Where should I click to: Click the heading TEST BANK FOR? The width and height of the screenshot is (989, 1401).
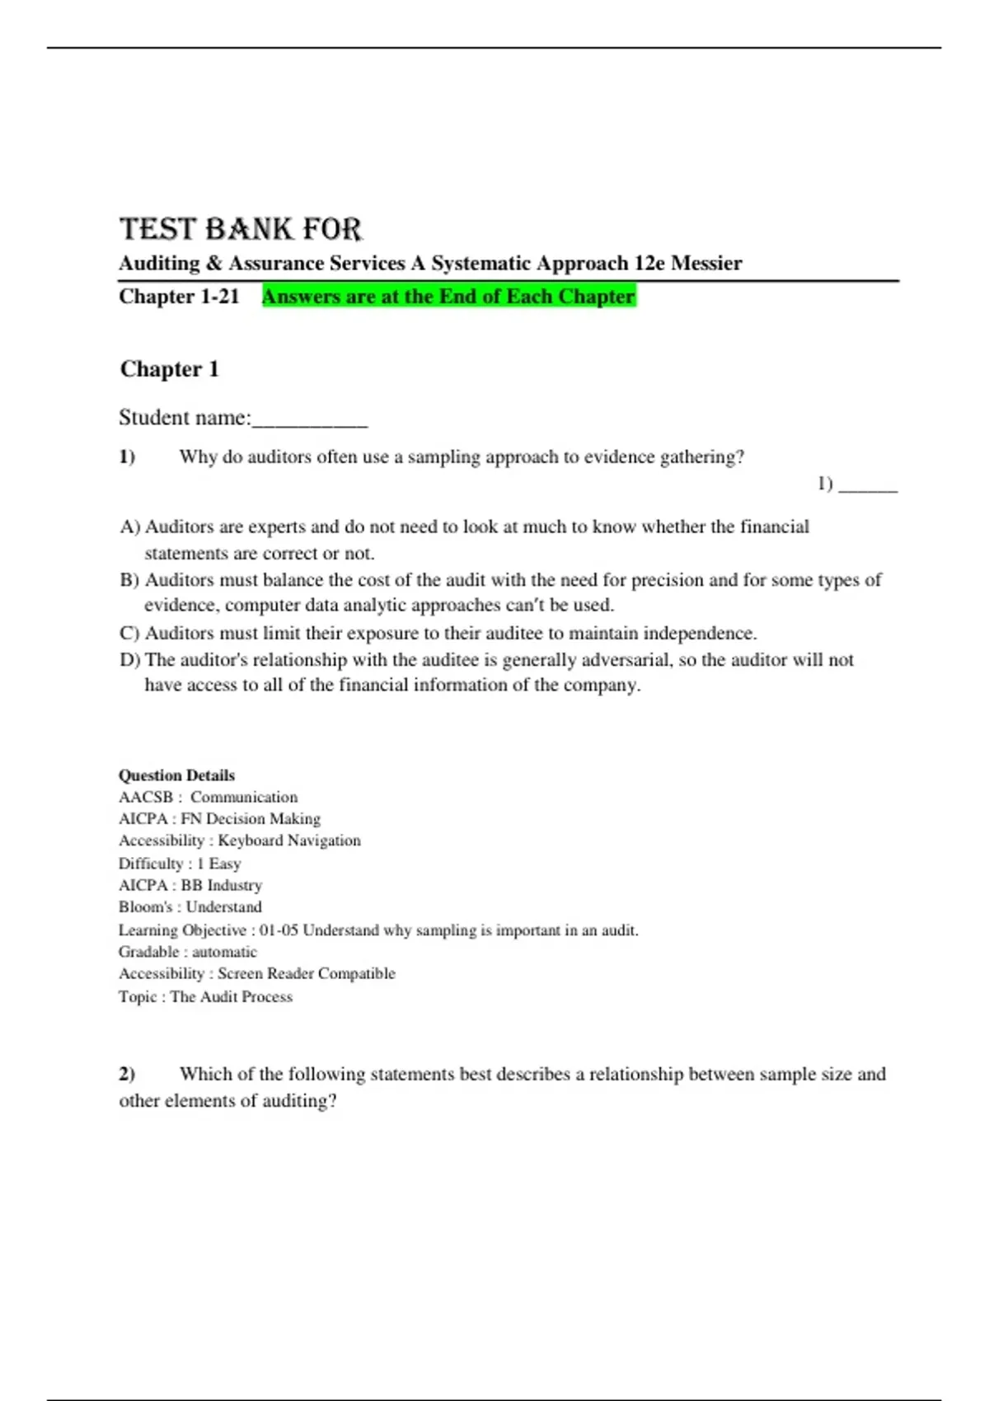click(241, 229)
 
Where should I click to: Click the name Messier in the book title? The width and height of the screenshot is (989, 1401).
click(706, 264)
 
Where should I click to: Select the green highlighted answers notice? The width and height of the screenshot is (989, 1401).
click(448, 297)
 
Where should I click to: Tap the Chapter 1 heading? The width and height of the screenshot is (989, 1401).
click(169, 369)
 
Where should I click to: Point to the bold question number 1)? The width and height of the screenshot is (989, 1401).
click(127, 457)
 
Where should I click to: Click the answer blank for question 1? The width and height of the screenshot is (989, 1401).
click(868, 485)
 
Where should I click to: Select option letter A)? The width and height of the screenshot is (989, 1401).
click(130, 527)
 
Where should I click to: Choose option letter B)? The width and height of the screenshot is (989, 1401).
click(129, 580)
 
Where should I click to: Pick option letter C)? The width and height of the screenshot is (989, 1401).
click(129, 634)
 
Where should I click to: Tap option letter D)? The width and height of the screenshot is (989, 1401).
click(130, 660)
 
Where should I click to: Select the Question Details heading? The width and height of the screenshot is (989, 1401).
click(176, 775)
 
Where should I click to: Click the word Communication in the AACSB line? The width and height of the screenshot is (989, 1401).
click(244, 798)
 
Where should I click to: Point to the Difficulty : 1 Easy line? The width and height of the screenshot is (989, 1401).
click(180, 864)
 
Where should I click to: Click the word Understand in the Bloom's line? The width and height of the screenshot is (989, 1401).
click(223, 907)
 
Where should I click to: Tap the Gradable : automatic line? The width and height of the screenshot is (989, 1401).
click(188, 952)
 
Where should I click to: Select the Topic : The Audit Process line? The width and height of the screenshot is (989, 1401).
click(205, 997)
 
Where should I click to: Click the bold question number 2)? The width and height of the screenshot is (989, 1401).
click(127, 1075)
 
